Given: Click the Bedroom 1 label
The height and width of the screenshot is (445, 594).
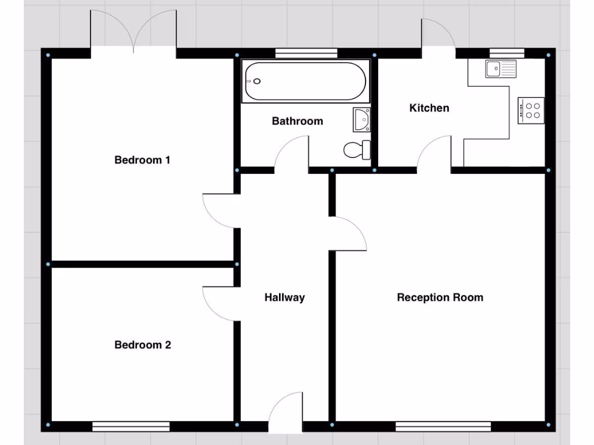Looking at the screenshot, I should click(142, 160).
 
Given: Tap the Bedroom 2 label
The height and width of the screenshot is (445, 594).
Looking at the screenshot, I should click(143, 345).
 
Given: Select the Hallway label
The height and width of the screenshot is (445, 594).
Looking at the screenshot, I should click(284, 298).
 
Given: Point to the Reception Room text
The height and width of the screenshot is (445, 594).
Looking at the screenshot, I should click(440, 298).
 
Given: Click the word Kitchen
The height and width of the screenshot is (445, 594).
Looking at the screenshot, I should click(429, 108).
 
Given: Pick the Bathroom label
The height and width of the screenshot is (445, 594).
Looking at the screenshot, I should click(297, 121).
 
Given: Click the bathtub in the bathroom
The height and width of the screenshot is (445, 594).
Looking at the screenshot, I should click(305, 82).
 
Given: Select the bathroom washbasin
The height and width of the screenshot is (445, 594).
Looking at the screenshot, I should click(361, 119).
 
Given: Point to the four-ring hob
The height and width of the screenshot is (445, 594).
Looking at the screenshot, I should click(531, 110).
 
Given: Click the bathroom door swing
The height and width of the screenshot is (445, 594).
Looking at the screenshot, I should click(291, 154).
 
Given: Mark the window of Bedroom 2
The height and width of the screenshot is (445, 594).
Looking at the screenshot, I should click(131, 427).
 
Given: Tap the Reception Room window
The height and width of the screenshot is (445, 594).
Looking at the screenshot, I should click(443, 427).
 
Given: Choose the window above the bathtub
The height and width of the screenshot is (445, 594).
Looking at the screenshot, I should click(306, 53).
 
